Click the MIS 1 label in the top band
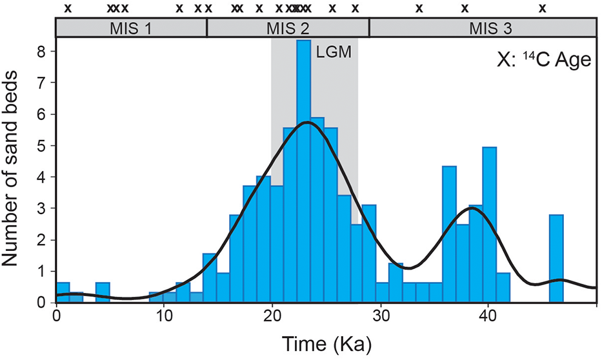click(131, 28)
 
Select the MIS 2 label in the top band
click(287, 28)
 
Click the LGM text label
click(334, 53)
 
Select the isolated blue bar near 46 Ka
click(556, 258)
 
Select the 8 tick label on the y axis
click(42, 51)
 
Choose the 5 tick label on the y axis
click(42, 145)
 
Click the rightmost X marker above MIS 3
click(543, 8)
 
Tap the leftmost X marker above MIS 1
click(67, 8)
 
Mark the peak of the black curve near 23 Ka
click(306, 122)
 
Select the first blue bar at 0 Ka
click(63, 292)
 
